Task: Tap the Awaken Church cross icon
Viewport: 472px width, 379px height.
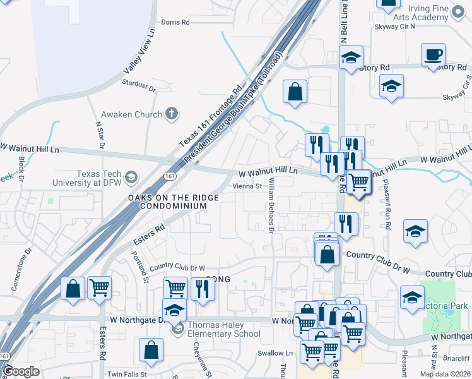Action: (x=170, y=114)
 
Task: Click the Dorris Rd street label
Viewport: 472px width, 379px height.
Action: (x=175, y=22)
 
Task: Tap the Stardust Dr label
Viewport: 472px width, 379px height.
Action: (x=139, y=83)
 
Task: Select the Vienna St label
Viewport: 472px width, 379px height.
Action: (x=247, y=186)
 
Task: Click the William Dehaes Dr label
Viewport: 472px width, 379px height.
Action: (x=271, y=205)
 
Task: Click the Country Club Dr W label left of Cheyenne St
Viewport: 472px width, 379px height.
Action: (x=177, y=268)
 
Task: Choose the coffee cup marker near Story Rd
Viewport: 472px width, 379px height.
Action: (x=433, y=55)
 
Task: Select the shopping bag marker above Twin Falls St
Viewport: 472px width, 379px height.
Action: (x=151, y=350)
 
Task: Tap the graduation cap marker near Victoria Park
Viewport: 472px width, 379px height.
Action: (x=412, y=298)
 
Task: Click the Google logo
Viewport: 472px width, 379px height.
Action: (x=21, y=371)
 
